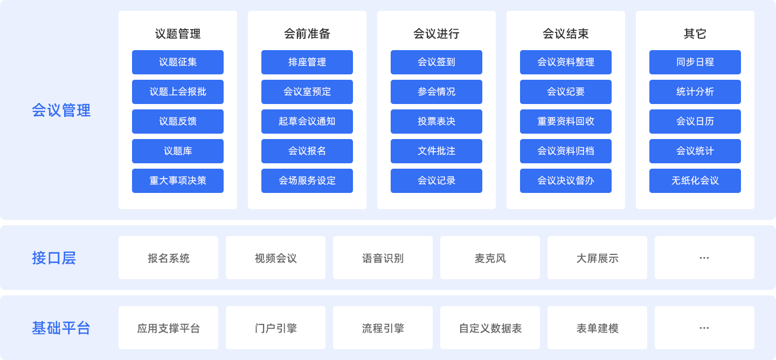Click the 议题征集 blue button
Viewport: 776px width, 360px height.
point(178,62)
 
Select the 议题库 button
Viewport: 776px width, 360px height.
point(178,151)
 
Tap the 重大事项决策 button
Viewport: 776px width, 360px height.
point(178,181)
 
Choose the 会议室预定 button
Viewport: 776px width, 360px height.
point(307,92)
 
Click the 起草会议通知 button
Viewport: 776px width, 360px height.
point(307,121)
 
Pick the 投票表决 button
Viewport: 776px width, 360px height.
point(436,121)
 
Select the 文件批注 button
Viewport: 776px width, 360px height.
point(436,151)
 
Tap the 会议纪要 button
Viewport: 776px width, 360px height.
point(566,92)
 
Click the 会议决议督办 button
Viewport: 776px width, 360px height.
point(566,181)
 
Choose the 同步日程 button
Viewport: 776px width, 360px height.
point(695,62)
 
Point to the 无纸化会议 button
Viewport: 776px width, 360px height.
point(695,181)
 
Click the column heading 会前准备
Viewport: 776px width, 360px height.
point(307,33)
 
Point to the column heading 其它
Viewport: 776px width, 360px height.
point(695,33)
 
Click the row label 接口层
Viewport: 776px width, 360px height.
point(54,258)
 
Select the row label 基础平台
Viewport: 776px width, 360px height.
point(61,328)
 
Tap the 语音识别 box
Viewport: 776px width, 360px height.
point(383,258)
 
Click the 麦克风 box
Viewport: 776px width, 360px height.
point(490,258)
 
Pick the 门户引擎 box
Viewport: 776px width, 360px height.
point(275,328)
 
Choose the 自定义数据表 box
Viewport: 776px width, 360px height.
point(490,328)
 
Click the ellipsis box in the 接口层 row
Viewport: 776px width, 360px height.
point(704,258)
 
